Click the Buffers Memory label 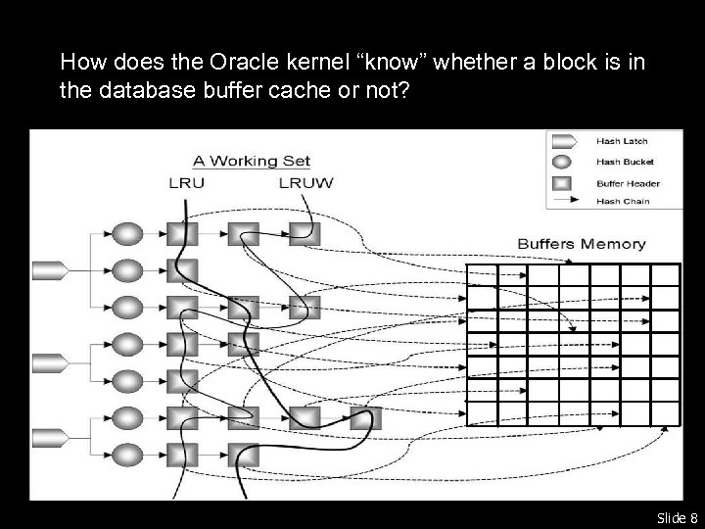(x=581, y=243)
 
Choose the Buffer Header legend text (x=628, y=182)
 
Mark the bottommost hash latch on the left (x=48, y=436)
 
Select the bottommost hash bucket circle (x=128, y=455)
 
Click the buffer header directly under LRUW (x=305, y=233)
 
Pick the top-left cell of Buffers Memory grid (x=482, y=275)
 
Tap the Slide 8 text (x=677, y=517)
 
